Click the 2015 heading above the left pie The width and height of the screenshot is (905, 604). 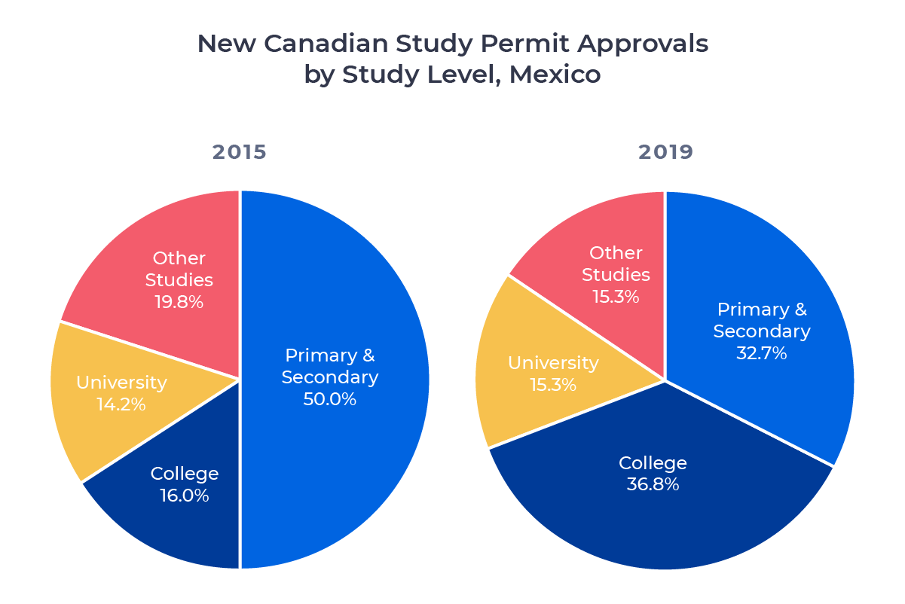point(239,152)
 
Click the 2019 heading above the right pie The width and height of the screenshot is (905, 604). point(665,152)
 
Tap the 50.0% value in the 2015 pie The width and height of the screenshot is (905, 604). point(329,399)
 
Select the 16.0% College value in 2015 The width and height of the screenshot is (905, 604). point(184,496)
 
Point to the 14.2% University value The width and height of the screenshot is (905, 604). point(121,404)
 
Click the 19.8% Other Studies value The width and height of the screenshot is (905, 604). point(179,302)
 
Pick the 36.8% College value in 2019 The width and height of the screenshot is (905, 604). point(653,484)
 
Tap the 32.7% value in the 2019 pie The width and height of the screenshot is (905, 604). point(761,352)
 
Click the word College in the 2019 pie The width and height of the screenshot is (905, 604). point(653,462)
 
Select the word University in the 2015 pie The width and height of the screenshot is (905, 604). point(121,383)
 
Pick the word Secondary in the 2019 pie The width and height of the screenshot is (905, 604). point(761,331)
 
